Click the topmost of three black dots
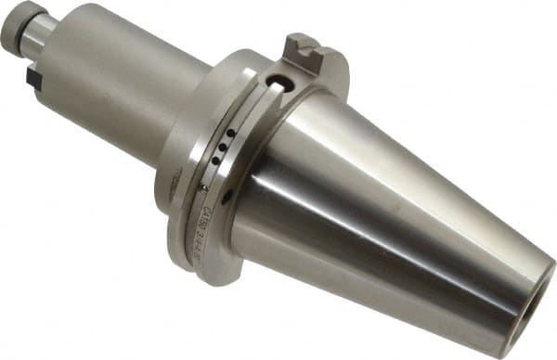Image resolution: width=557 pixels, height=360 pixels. [229, 134]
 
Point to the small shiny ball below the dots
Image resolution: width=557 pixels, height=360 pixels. [205, 188]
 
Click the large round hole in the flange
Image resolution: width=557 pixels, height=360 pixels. [278, 84]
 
